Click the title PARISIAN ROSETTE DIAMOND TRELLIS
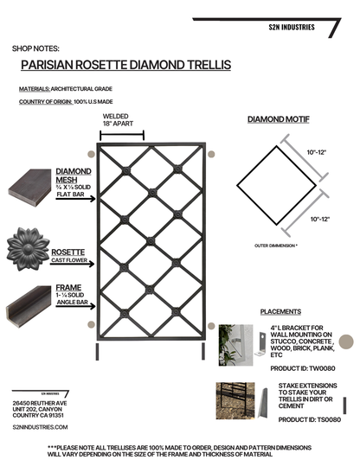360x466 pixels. coord(125,65)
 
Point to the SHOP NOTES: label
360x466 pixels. coord(36,48)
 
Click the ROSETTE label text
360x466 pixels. coord(68,228)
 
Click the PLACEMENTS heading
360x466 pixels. coord(282,311)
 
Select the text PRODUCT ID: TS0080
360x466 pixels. coord(308,419)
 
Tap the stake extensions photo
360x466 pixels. coord(238,402)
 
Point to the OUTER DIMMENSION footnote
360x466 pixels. coord(277,246)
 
